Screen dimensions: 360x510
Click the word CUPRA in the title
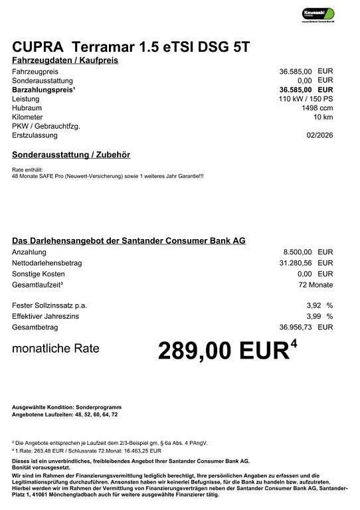pos(36,46)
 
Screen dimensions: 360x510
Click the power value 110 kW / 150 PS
pos(306,98)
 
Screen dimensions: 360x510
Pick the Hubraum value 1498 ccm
pos(317,108)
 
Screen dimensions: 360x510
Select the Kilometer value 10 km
pos(323,117)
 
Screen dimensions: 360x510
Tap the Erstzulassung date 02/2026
pos(319,135)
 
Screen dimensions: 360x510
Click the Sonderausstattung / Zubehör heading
pos(71,155)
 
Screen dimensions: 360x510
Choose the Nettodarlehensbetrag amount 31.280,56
pos(296,263)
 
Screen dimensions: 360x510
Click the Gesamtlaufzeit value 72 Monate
pos(315,284)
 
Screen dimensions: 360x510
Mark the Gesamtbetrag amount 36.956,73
pos(296,327)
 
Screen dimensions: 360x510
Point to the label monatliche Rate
pos(56,348)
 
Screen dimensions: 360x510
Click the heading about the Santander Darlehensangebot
pos(129,240)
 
